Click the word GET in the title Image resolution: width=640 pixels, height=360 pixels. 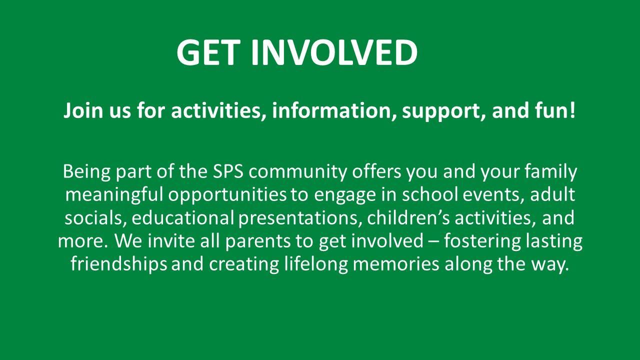coord(207,52)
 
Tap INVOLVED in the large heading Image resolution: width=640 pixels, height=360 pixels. coord(334,52)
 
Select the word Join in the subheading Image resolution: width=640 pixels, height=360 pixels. coord(83,111)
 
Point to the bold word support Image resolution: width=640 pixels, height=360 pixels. coord(443,112)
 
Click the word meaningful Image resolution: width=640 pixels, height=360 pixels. coord(114,195)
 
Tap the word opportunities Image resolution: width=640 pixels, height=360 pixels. coord(227,195)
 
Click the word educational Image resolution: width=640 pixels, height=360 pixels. coord(183,217)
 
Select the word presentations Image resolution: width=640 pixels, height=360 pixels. coord(298,219)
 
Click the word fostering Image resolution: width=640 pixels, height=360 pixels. coord(482,241)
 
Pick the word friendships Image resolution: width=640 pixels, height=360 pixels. coord(118,264)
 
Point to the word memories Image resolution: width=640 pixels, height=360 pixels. coord(395,264)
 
